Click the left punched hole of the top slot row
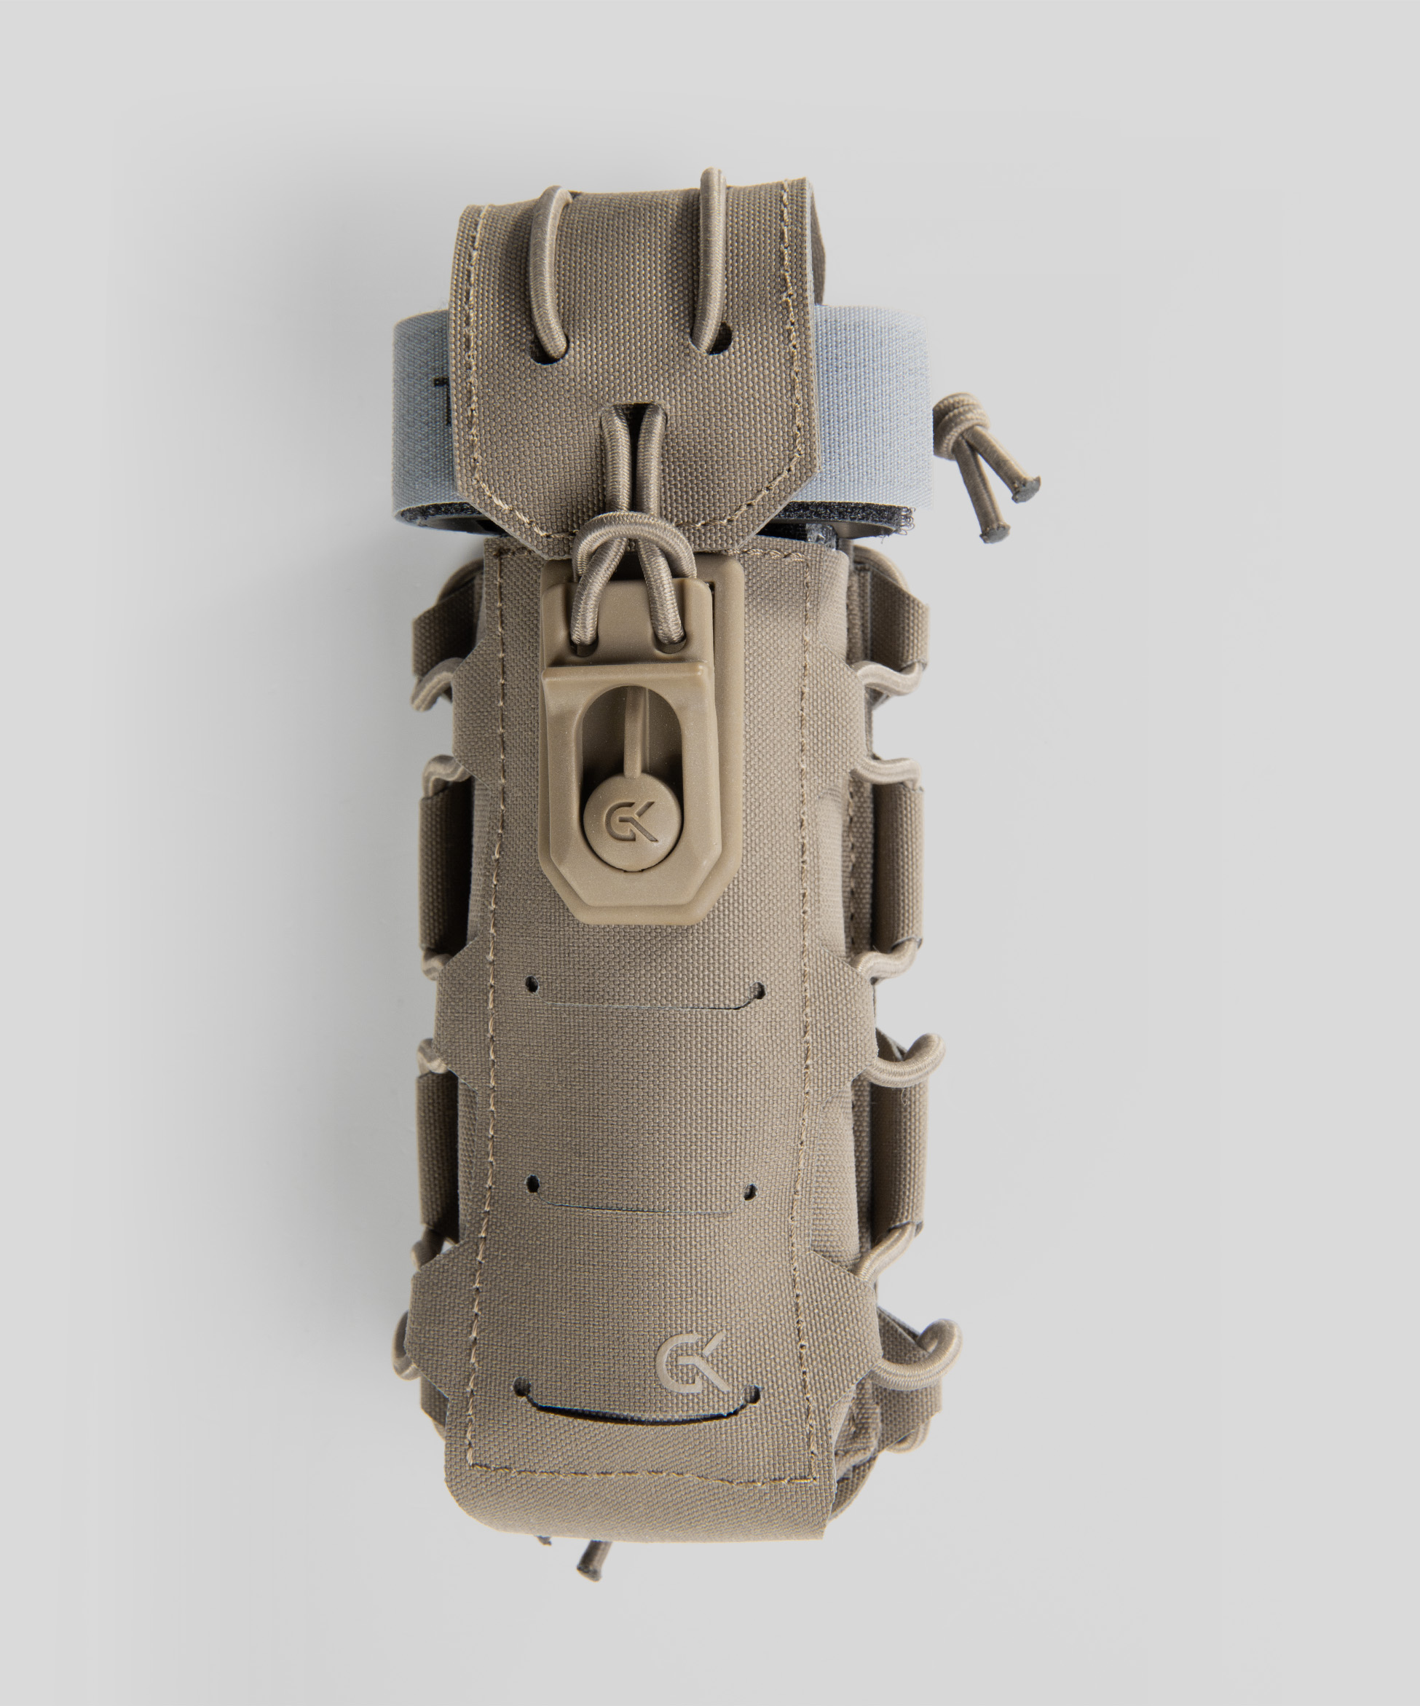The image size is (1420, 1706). point(532,984)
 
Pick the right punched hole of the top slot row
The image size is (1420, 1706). point(759,990)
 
